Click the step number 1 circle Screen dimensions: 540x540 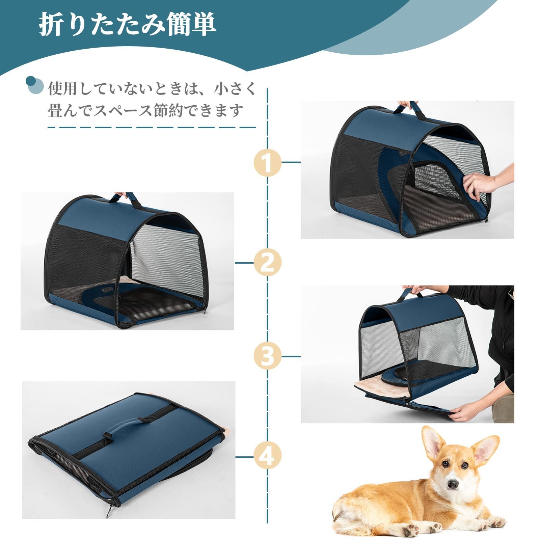(267, 163)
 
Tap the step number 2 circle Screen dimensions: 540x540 (267, 262)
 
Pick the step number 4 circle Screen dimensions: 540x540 (267, 457)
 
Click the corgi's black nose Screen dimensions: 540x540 (453, 484)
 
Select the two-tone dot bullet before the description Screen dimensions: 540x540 (34, 85)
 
